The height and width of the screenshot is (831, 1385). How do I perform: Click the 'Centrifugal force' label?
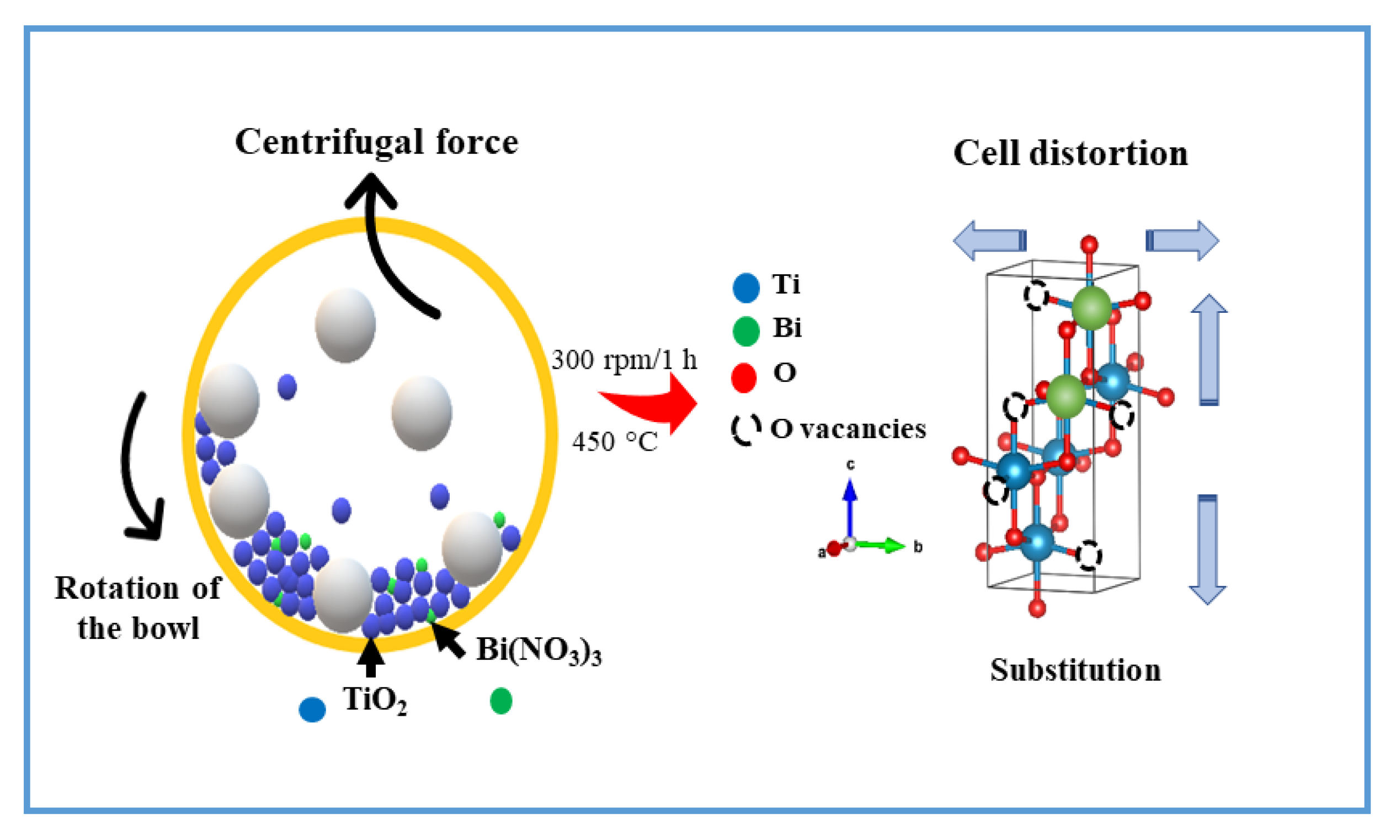376,141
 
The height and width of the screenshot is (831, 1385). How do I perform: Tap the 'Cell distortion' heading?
1070,153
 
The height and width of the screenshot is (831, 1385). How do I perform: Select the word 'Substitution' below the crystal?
1075,670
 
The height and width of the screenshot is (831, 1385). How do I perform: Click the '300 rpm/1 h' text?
624,360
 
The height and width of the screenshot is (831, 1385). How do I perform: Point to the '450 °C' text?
614,442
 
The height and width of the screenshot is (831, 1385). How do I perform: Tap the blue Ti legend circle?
745,288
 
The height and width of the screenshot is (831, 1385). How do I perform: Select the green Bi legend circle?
745,331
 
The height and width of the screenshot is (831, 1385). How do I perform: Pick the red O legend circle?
743,377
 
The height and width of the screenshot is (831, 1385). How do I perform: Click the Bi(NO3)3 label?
539,651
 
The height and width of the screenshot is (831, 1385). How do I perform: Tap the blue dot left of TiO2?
312,710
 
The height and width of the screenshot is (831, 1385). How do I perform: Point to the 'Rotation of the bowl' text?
138,608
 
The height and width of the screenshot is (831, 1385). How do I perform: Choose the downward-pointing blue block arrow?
1207,549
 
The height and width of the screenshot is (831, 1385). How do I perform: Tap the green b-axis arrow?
882,545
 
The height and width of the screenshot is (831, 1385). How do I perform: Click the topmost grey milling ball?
345,325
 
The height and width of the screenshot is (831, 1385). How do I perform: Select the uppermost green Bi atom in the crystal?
1091,307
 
